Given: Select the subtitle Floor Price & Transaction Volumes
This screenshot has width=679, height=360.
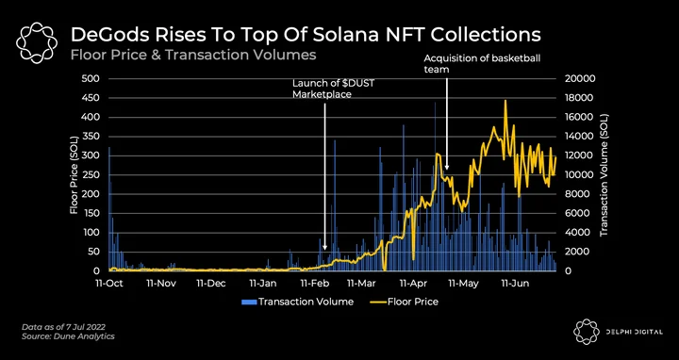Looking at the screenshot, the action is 193,56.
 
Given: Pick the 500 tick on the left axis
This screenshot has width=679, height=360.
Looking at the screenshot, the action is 92,79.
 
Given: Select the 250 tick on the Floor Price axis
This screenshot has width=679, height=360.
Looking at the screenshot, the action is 92,174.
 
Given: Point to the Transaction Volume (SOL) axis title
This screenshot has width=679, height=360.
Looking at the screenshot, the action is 604,174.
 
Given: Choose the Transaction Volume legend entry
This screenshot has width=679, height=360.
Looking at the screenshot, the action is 297,302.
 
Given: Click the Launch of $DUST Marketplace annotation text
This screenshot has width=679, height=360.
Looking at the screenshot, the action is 333,89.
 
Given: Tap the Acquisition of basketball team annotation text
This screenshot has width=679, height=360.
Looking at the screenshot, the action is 482,63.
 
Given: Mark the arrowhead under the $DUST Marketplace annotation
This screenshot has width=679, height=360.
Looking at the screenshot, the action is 324,248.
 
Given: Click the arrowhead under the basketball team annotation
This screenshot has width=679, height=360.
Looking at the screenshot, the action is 446,167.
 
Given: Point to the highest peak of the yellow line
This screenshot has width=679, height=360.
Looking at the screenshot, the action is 505,101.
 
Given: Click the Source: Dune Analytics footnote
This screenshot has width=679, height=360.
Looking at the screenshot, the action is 68,336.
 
